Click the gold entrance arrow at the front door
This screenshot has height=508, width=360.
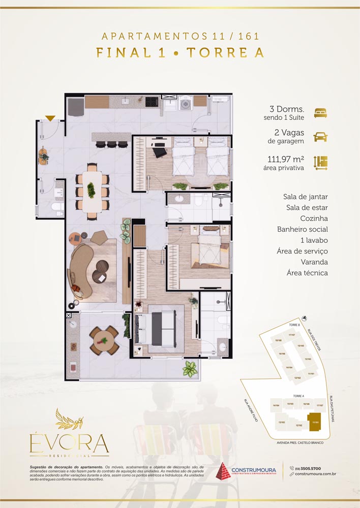coord(50,118)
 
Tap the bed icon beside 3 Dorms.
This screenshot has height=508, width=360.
coord(320,113)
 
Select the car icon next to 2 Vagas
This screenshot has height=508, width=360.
coord(320,137)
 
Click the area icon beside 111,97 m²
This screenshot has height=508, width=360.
coord(320,163)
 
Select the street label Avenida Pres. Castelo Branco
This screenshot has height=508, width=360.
coord(299,443)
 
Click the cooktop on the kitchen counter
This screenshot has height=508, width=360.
coord(152,101)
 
